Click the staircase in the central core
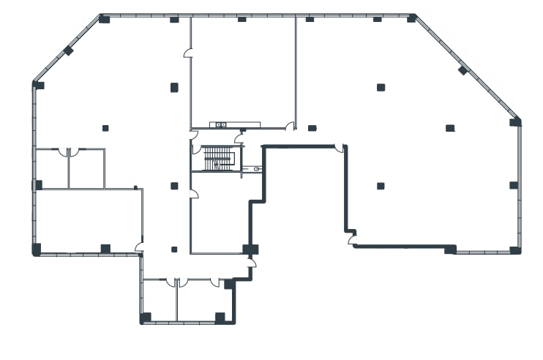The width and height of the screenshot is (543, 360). (217, 158)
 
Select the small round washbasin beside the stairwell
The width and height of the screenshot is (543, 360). (257, 169)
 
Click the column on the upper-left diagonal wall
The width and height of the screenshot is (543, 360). (68, 50)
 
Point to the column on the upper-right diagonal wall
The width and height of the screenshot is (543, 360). (463, 70)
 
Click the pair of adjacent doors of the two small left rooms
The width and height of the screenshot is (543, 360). (68, 152)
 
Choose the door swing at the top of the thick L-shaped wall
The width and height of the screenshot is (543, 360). (340, 149)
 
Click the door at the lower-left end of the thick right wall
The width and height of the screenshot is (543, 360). (352, 238)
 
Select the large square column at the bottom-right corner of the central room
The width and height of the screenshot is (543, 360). (250, 249)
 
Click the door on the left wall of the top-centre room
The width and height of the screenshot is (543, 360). (188, 53)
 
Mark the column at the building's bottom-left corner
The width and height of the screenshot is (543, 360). (37, 250)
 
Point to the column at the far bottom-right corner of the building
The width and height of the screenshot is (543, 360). (515, 250)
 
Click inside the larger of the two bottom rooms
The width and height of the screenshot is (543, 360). (202, 301)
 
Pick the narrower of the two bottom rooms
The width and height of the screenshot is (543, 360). (159, 301)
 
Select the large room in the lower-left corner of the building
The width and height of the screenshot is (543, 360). (86, 220)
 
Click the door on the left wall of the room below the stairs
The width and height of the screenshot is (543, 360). (194, 194)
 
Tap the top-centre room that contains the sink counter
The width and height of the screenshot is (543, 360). (243, 70)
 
